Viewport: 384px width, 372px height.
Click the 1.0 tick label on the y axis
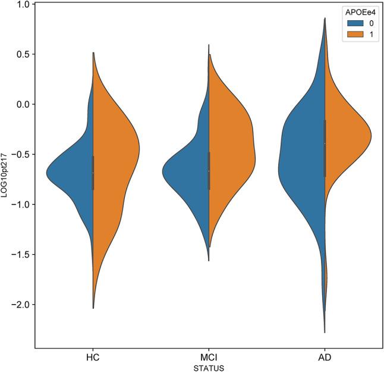click(22, 4)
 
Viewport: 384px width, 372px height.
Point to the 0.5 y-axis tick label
click(22, 54)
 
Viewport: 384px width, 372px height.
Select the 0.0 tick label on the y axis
click(22, 104)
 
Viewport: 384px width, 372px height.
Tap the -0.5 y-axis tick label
click(20, 154)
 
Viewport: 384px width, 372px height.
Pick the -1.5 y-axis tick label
click(20, 255)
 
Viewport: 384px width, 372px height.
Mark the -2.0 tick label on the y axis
click(20, 305)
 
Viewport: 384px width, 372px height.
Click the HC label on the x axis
click(93, 359)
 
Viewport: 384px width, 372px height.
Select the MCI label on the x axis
click(209, 359)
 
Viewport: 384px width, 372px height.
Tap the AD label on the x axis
click(325, 359)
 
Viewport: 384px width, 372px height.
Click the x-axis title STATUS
click(209, 368)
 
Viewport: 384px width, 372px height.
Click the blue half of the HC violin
click(74, 173)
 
